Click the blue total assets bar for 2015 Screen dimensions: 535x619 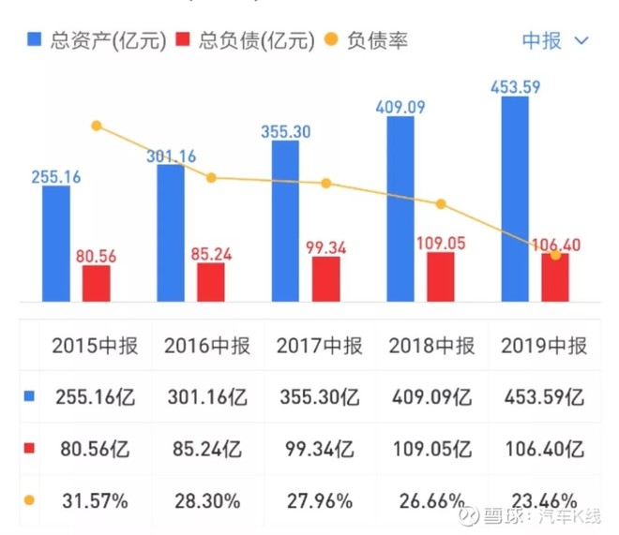[x=56, y=244]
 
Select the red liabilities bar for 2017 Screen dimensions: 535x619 [x=325, y=279]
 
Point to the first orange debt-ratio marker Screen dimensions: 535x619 [x=96, y=126]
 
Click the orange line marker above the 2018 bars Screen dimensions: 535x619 [x=441, y=203]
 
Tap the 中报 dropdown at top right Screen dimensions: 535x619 [x=554, y=40]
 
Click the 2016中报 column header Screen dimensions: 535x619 [x=207, y=347]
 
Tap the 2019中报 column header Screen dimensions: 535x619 [x=544, y=347]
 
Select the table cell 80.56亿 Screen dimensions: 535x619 [x=95, y=449]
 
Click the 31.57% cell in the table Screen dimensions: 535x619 [x=95, y=500]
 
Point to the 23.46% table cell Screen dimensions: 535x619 [x=544, y=500]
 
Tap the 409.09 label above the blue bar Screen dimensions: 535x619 [x=400, y=107]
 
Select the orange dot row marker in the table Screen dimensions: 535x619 [x=27, y=500]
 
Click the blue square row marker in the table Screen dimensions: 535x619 [x=27, y=397]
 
